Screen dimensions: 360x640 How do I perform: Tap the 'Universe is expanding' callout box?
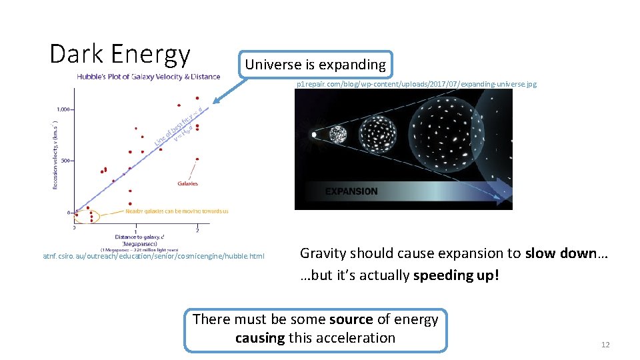[x=315, y=65]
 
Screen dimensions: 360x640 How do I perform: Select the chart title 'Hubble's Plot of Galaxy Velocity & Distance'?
[x=148, y=76]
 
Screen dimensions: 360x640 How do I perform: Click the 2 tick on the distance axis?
[x=197, y=229]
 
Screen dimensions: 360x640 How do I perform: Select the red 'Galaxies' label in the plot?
[x=187, y=183]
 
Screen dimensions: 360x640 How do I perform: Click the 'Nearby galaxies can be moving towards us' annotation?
[x=177, y=211]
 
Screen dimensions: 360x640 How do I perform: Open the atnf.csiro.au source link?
[x=153, y=256]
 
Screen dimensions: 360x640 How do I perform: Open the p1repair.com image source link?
[x=416, y=85]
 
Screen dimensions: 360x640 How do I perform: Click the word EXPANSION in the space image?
[x=351, y=191]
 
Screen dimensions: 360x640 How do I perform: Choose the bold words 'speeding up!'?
[x=456, y=275]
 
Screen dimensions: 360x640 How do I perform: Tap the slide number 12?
[x=605, y=345]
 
